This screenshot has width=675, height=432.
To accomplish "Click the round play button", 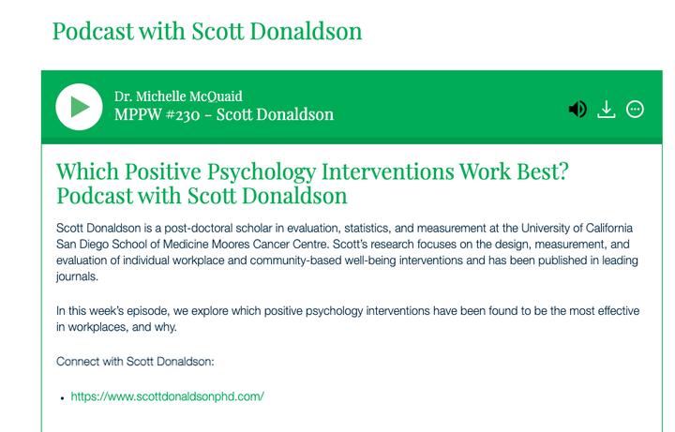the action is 79,107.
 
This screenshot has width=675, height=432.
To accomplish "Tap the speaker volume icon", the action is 577,110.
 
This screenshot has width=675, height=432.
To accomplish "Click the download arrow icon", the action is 607,110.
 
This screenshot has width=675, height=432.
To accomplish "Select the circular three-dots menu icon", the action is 635,110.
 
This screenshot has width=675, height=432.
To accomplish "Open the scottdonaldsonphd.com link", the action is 168,396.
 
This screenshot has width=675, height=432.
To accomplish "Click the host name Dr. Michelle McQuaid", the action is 178,96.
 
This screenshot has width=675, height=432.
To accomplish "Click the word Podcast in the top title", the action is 93,31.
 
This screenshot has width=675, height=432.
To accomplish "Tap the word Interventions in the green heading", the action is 388,171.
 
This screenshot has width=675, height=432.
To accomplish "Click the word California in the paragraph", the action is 609,228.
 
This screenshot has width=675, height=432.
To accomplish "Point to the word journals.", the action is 77,276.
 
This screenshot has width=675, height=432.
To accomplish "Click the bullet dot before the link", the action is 63,398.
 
